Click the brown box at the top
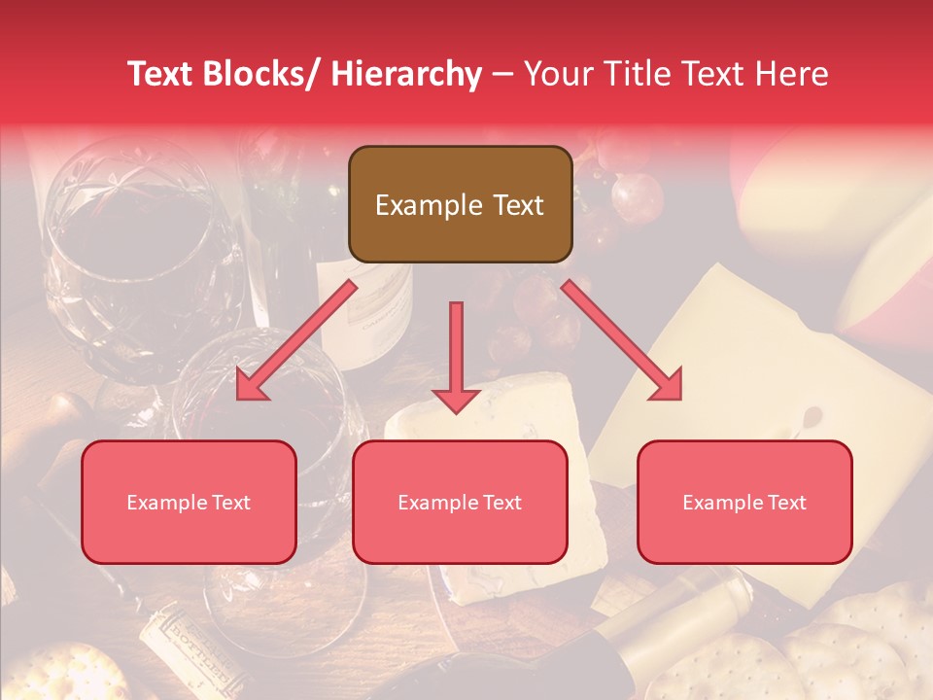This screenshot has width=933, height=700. point(460,204)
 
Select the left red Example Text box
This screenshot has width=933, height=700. point(189,502)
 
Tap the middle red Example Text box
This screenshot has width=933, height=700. point(460,502)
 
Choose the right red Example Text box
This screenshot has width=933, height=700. point(744,502)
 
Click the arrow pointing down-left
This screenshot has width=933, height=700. point(296,340)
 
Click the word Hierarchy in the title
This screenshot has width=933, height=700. point(406,75)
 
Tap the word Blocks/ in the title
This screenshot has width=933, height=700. point(259,75)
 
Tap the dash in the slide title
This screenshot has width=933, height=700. point(502,75)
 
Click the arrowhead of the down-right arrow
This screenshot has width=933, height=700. point(669,385)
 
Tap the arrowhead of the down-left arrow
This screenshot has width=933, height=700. point(250,386)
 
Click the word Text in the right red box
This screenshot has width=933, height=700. point(785,502)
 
